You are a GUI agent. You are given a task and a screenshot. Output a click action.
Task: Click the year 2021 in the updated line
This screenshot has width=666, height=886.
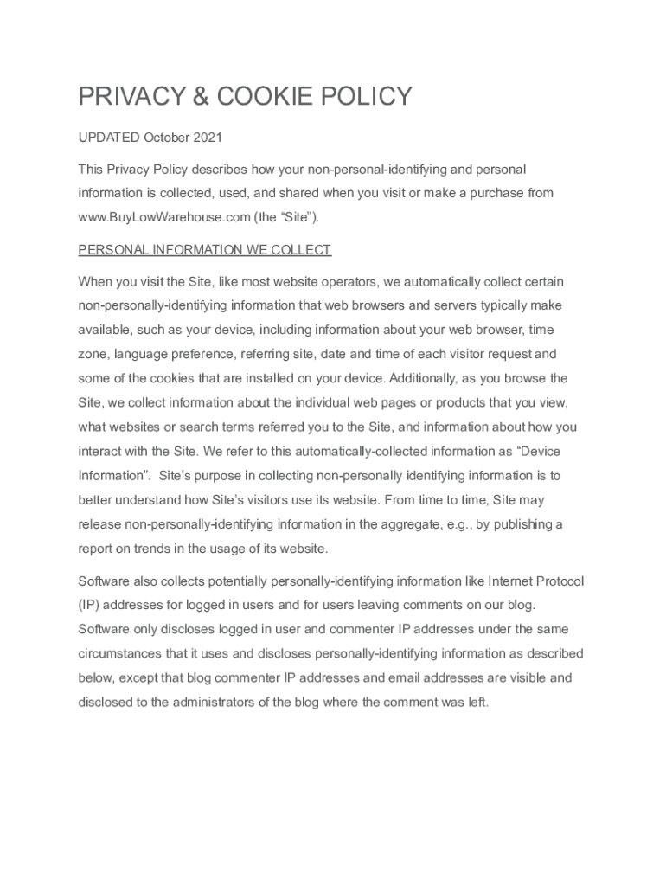(x=208, y=138)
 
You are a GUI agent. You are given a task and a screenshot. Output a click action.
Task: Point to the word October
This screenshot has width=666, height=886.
(x=166, y=138)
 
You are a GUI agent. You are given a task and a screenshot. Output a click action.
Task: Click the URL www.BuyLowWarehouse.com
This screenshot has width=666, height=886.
(x=163, y=217)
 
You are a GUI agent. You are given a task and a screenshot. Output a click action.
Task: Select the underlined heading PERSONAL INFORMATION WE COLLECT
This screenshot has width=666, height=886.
(x=204, y=250)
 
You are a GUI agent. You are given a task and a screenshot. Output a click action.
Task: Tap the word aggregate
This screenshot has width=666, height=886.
(x=400, y=524)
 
